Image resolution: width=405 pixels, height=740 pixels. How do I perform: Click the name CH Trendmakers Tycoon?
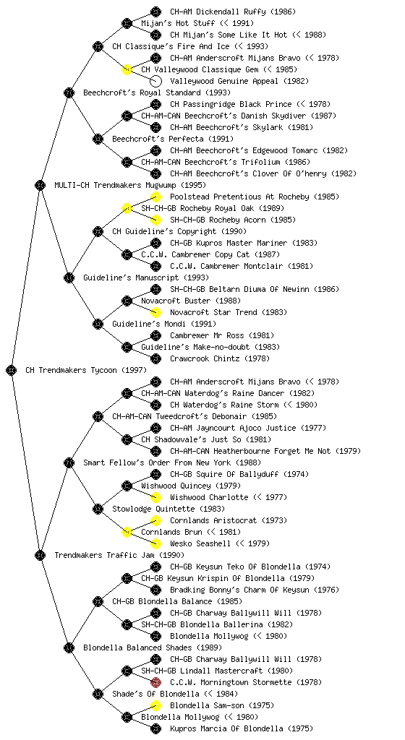[x=72, y=370]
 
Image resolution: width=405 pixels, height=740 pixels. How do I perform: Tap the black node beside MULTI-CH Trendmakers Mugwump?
[x=40, y=185]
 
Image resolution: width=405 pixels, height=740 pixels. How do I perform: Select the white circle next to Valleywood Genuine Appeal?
[x=155, y=81]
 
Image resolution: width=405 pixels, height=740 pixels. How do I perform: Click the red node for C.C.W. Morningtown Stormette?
[x=155, y=682]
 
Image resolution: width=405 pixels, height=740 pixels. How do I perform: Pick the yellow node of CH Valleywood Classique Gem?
[x=127, y=69]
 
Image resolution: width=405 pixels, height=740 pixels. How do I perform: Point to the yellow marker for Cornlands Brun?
[x=127, y=532]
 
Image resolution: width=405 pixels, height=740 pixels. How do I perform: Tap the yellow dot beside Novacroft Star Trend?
[x=155, y=312]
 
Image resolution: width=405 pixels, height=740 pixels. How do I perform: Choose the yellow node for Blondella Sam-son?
[x=155, y=705]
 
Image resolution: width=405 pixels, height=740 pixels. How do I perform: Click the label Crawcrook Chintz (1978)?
[x=220, y=358]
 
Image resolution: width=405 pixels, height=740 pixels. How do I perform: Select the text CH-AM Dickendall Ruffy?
[x=218, y=12]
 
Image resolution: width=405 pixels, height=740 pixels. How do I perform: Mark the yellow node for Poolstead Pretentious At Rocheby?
[x=155, y=197]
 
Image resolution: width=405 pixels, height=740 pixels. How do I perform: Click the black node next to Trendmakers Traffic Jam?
[x=40, y=555]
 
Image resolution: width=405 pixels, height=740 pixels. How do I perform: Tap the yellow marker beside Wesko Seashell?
[x=155, y=543]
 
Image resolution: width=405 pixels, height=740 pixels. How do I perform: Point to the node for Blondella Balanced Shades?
[x=69, y=647]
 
